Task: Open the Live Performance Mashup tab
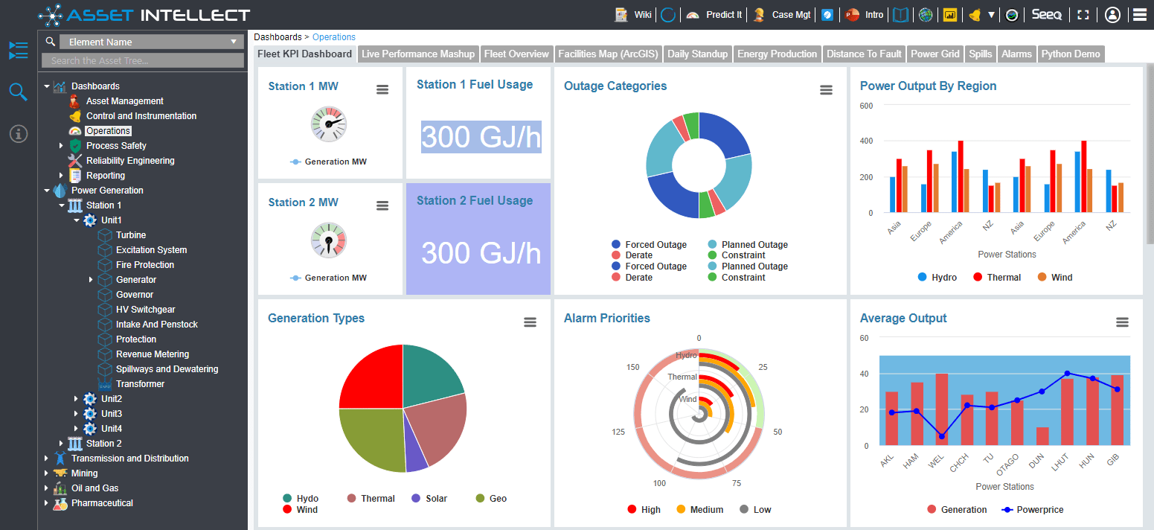click(x=417, y=54)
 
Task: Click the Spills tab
click(x=980, y=54)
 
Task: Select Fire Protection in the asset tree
click(x=144, y=265)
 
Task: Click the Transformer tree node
click(x=140, y=384)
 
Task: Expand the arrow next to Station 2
click(x=61, y=444)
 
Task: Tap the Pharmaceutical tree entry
click(x=102, y=503)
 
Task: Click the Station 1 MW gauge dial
click(x=328, y=124)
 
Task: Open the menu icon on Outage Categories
click(x=826, y=90)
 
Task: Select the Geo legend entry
click(x=497, y=499)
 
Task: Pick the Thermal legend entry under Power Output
click(x=1003, y=278)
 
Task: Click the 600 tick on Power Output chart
click(x=866, y=106)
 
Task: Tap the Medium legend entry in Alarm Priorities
click(x=706, y=510)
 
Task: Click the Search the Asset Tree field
click(x=143, y=61)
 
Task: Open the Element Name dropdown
click(x=151, y=42)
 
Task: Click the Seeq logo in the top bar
click(x=1046, y=15)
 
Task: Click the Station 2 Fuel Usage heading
click(x=475, y=201)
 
